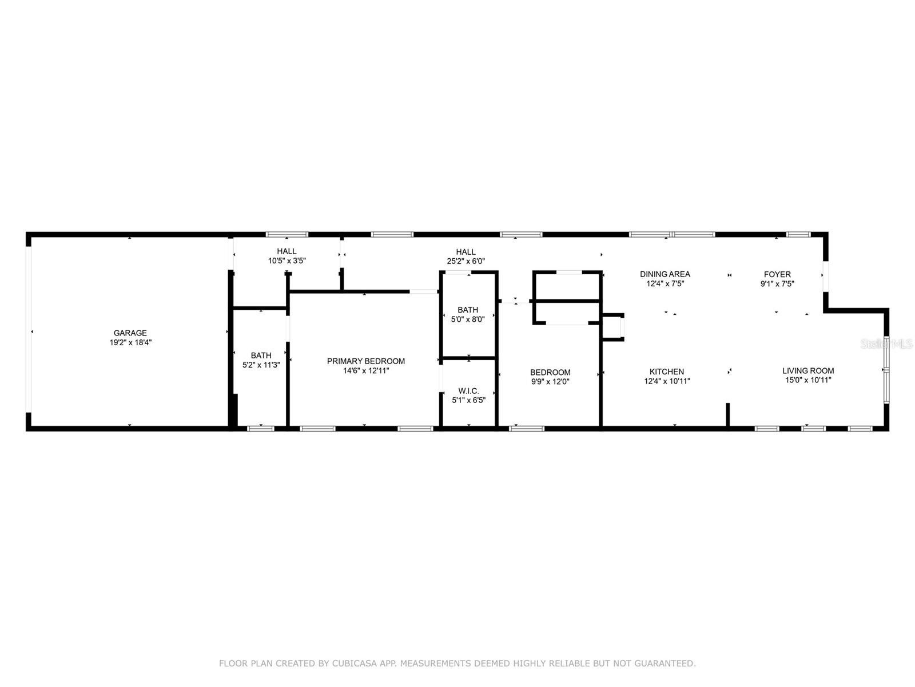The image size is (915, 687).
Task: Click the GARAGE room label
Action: (130, 333)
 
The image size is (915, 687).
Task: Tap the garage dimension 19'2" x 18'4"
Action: (130, 342)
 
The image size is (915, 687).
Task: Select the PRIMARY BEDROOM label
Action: (365, 361)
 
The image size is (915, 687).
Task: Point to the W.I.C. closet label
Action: (468, 391)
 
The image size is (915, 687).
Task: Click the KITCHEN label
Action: (667, 372)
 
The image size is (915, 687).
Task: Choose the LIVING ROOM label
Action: (808, 371)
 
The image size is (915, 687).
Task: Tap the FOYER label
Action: (777, 274)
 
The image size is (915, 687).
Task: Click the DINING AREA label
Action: (665, 274)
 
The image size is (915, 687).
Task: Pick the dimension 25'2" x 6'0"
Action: (466, 262)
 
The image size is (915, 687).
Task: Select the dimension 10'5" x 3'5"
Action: (287, 260)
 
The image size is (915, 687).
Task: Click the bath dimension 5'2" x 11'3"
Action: (261, 365)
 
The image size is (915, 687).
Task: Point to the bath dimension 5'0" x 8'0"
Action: (468, 319)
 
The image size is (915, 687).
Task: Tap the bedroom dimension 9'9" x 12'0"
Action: (550, 382)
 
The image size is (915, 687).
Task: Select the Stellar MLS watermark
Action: (886, 344)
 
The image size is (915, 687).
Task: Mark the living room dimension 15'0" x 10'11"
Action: (808, 380)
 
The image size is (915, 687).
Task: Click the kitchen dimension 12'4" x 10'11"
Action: (667, 381)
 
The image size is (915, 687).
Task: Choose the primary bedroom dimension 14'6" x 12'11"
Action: (366, 371)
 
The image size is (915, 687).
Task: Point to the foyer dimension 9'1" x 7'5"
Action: (777, 284)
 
